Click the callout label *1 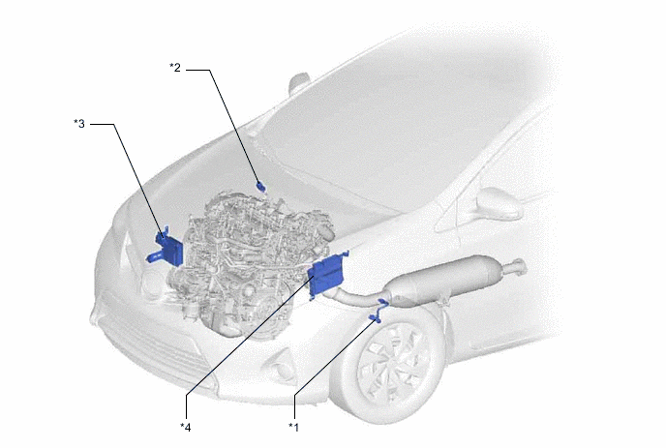point(293,427)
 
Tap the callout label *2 point(175,67)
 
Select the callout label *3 point(79,124)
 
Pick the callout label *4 point(186,427)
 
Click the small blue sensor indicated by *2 point(260,186)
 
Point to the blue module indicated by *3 point(166,250)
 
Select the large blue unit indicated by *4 point(327,274)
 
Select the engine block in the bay point(251,263)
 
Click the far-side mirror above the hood point(299,83)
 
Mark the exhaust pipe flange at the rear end point(519,267)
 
